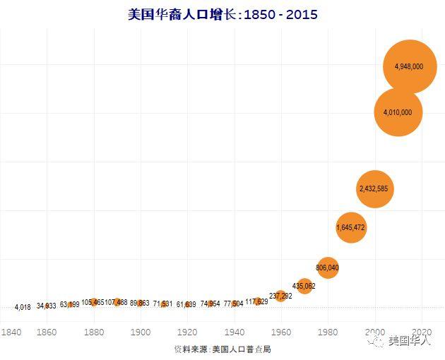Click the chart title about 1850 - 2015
coord(222,14)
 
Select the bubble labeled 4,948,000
coord(409,66)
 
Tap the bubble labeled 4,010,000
coord(398,112)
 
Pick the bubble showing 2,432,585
coord(374,188)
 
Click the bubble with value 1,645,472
coord(351,227)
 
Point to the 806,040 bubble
coord(327,268)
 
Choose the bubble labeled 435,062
coord(304,286)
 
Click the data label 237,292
coord(280,295)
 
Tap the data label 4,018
coord(23,307)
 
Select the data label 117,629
coord(256,301)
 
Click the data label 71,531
coord(163,304)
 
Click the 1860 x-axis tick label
coord(47,332)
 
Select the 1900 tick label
coord(141,332)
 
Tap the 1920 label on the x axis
coord(187,332)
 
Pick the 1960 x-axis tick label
coord(280,332)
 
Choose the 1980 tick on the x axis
coord(327,332)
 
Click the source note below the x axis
coord(222,349)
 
